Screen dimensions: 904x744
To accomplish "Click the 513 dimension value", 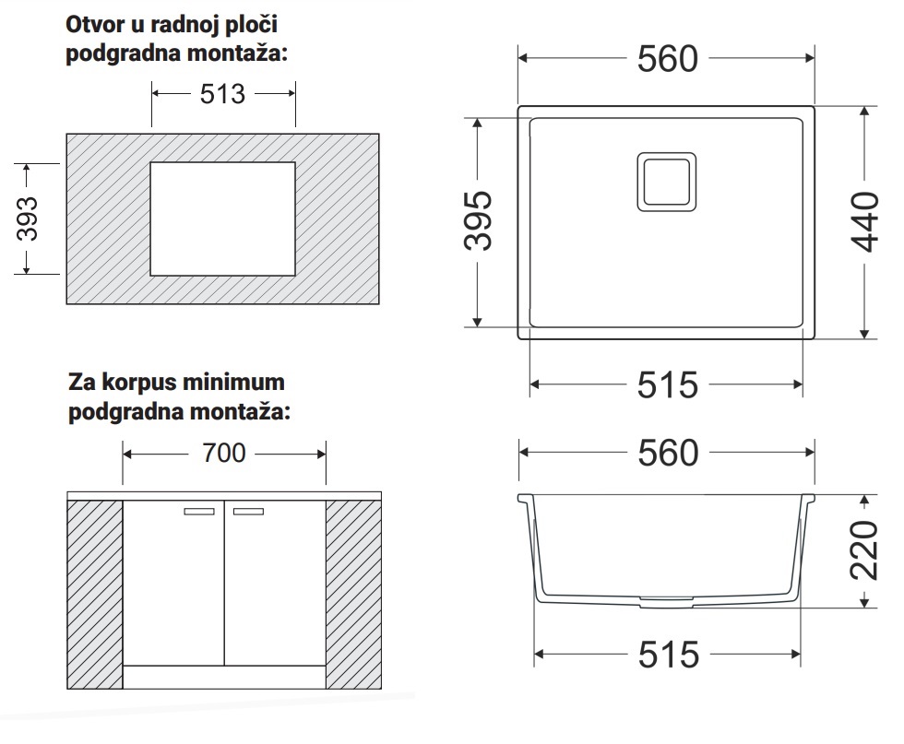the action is (222, 94).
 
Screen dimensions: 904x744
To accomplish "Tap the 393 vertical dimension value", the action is (27, 219).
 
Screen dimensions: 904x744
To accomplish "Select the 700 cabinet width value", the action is (223, 453).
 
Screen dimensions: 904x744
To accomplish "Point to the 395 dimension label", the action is (478, 220).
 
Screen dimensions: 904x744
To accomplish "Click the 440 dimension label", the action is (865, 222).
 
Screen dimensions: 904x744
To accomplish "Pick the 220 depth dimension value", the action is (864, 550).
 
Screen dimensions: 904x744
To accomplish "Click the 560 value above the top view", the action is (668, 59).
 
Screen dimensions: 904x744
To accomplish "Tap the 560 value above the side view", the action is (668, 453).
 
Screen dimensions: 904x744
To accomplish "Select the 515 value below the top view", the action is (668, 385).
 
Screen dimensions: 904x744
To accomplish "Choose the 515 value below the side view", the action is (669, 655).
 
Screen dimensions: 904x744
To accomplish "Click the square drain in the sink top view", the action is (666, 182).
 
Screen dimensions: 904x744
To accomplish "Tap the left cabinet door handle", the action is (199, 511).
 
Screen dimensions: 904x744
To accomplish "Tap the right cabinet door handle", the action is (248, 511).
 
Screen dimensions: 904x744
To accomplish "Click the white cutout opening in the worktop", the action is (222, 219).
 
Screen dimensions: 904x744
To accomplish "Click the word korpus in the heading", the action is (138, 384).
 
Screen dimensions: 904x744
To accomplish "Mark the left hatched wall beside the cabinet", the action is (94, 594).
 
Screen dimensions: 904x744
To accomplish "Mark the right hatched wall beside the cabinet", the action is (353, 594).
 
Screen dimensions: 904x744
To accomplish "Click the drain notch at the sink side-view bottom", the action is (666, 602).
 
